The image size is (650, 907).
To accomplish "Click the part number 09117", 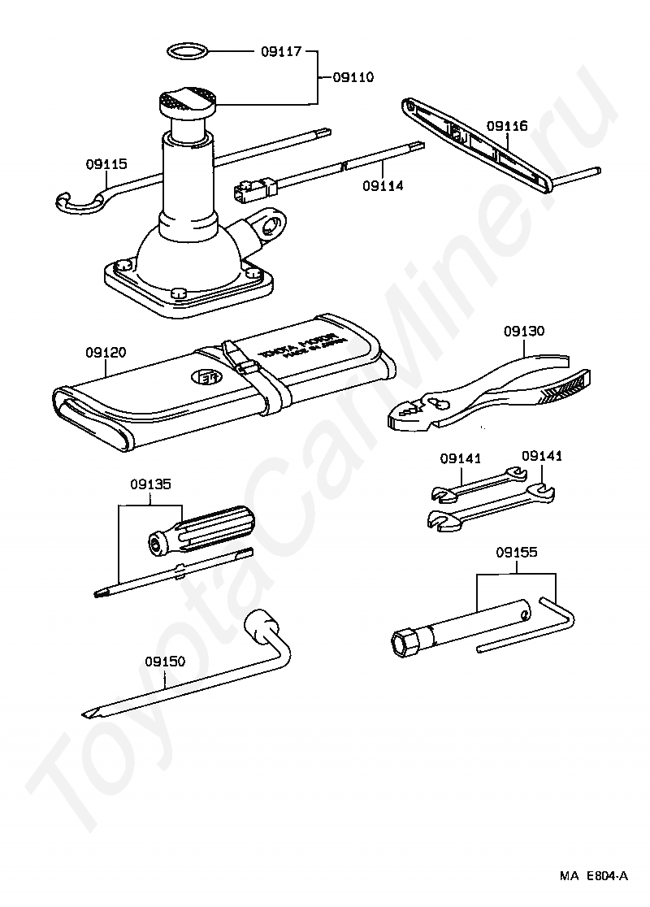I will point(281,52).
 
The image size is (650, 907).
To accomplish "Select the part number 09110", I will point(353,78).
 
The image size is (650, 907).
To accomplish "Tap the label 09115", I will point(106,163).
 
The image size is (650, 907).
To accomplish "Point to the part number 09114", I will point(383,185).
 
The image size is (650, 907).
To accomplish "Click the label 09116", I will point(507,126).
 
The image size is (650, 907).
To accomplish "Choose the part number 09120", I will point(106,353).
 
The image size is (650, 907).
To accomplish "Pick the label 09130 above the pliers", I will point(524,331).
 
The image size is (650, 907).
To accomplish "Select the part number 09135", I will point(150,484).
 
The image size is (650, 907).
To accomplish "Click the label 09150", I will point(166,661).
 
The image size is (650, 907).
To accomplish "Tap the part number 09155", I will point(517,552).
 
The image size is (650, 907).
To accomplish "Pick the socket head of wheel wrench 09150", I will point(262,623).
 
